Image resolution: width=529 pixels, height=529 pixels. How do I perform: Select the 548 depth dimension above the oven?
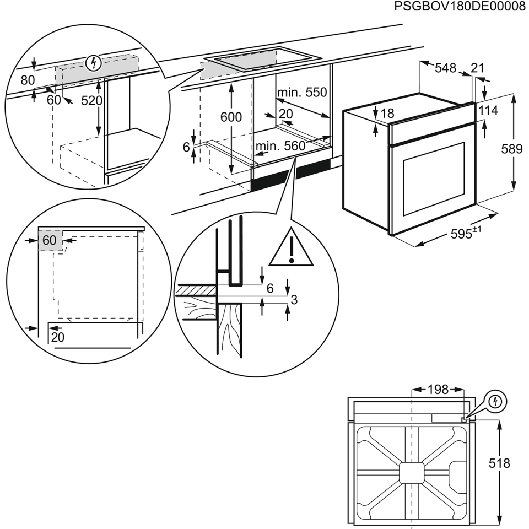[445, 68]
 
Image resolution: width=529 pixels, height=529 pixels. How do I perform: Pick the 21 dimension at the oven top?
[478, 68]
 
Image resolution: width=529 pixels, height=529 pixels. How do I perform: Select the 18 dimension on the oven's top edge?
[388, 114]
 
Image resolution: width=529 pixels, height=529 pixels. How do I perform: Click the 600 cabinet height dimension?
[231, 117]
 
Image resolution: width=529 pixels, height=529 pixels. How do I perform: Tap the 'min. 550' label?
[302, 92]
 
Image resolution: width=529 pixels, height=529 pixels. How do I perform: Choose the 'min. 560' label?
[280, 146]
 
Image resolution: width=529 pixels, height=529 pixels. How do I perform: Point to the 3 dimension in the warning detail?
[294, 300]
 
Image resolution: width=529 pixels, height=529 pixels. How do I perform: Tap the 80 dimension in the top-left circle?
[28, 79]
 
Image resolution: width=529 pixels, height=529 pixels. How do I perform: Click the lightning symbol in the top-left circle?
[95, 63]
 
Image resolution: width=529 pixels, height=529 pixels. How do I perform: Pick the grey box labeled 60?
[50, 240]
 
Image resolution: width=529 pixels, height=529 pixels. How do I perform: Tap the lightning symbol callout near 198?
[497, 402]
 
